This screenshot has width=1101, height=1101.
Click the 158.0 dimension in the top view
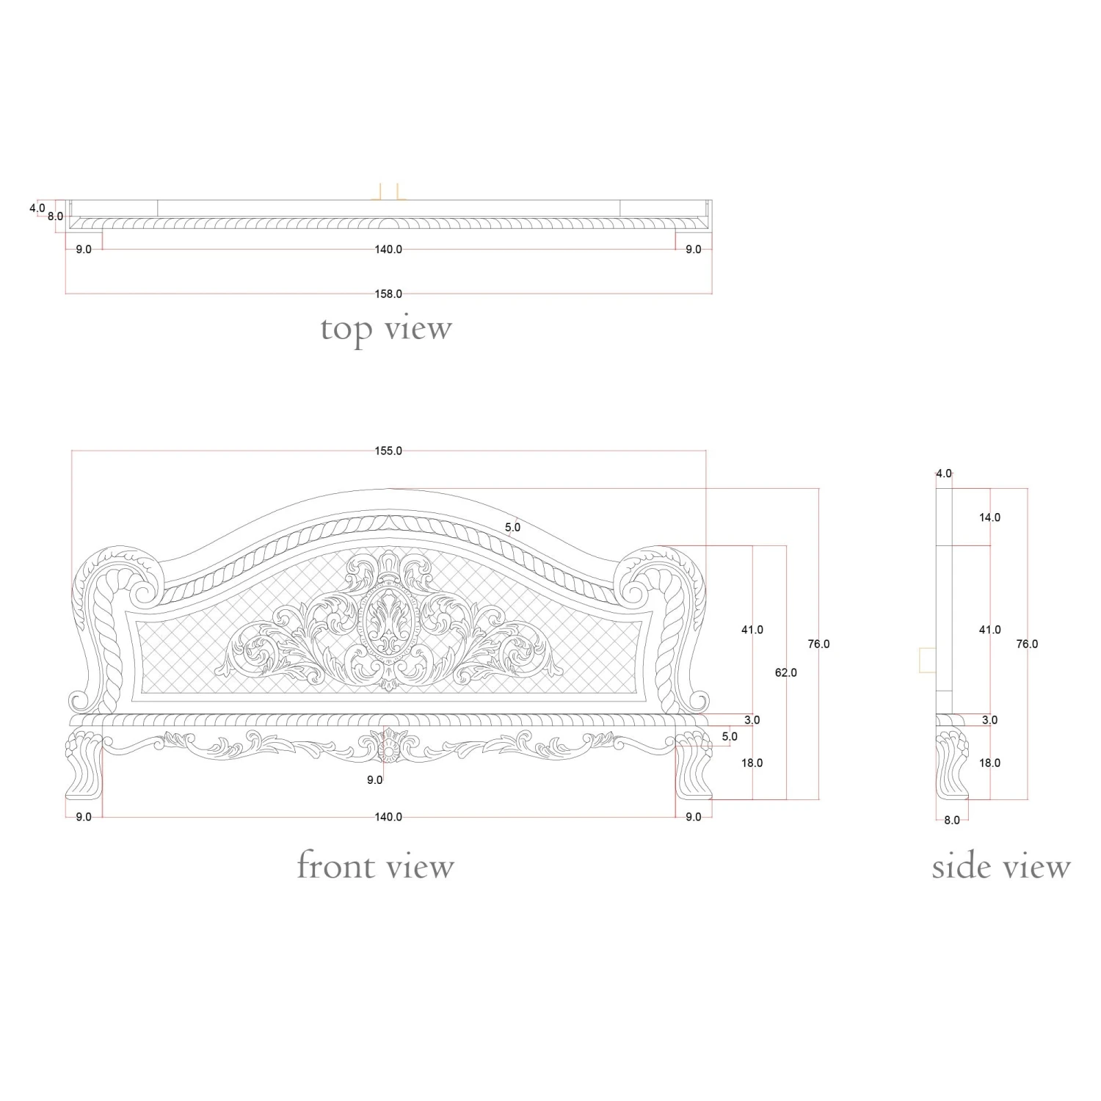point(388,294)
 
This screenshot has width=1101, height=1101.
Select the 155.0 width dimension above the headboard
point(388,451)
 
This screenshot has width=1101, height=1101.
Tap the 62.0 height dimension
point(785,672)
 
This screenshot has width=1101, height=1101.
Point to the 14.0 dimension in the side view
point(989,517)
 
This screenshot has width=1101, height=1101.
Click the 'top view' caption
point(386,330)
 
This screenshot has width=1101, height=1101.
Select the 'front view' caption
point(375,866)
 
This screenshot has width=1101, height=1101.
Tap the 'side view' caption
point(1001,867)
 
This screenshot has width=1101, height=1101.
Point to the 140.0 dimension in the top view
point(388,250)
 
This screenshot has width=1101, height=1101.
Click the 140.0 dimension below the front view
point(388,817)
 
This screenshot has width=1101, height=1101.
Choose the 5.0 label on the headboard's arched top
point(512,527)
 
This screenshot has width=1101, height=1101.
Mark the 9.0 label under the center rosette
point(375,780)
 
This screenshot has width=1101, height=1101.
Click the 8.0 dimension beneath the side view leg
point(952,821)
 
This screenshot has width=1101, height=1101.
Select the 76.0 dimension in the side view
point(1027,644)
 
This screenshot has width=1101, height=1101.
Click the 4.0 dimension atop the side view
point(944,474)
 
